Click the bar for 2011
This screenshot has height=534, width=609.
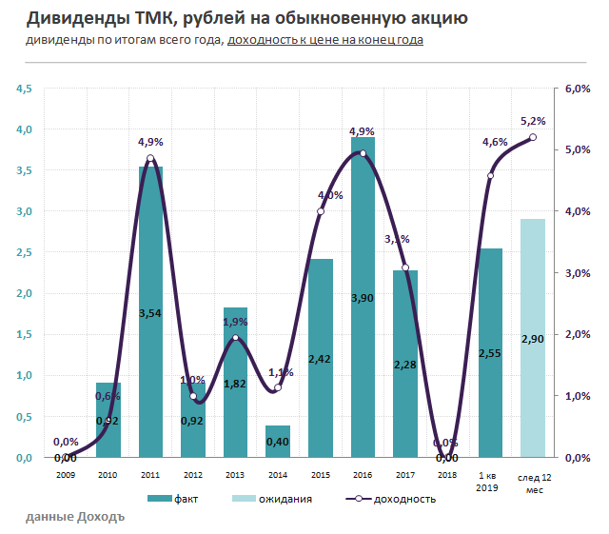coord(150,314)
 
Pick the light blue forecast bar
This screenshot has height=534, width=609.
coord(533,338)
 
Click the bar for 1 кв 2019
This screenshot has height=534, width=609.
coord(490,352)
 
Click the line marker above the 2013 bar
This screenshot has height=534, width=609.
coord(235,339)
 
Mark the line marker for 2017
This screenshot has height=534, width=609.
coord(405,268)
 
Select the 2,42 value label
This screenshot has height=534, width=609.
coord(320,359)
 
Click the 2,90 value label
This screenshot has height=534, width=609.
coord(533,339)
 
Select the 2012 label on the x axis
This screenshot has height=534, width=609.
coord(193,473)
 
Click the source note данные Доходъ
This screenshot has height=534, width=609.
coord(75,516)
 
